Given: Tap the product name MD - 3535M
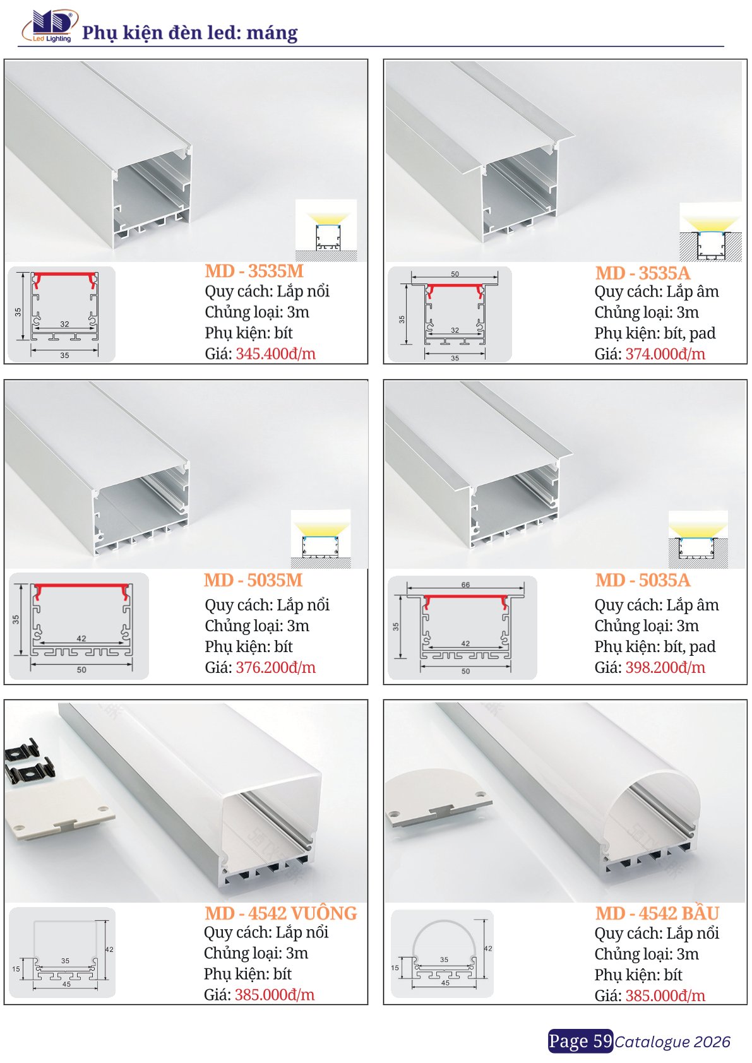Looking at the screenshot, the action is point(254,271).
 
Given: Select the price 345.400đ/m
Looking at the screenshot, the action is point(276,353).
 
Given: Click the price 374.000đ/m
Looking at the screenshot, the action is point(665,354).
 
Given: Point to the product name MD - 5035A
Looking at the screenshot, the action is point(643,580).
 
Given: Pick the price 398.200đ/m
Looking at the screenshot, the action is point(665,668).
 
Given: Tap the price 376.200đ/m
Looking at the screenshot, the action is point(276,668).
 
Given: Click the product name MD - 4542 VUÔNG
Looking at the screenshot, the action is point(281,913).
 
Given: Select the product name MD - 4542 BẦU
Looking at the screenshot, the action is point(657,913).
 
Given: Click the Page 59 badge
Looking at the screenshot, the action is point(580,1041).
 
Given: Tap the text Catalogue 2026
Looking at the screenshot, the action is point(672,1042).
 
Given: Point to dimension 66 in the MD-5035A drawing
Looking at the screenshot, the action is point(465,585).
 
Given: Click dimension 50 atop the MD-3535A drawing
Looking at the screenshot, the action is point(455,274).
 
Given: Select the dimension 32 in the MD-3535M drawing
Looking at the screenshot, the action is point(64,324).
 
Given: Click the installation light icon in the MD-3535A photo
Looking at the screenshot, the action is point(710,232).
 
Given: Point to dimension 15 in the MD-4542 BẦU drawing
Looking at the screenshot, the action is point(395,967).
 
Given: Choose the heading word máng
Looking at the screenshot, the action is point(272,33).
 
